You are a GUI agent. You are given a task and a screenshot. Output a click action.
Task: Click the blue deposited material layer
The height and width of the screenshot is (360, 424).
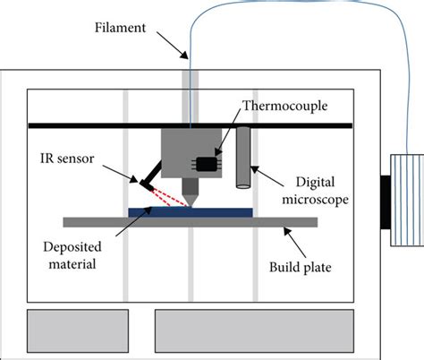click(192, 211)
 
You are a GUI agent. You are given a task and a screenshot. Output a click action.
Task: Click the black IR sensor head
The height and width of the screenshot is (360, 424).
click(144, 184)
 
